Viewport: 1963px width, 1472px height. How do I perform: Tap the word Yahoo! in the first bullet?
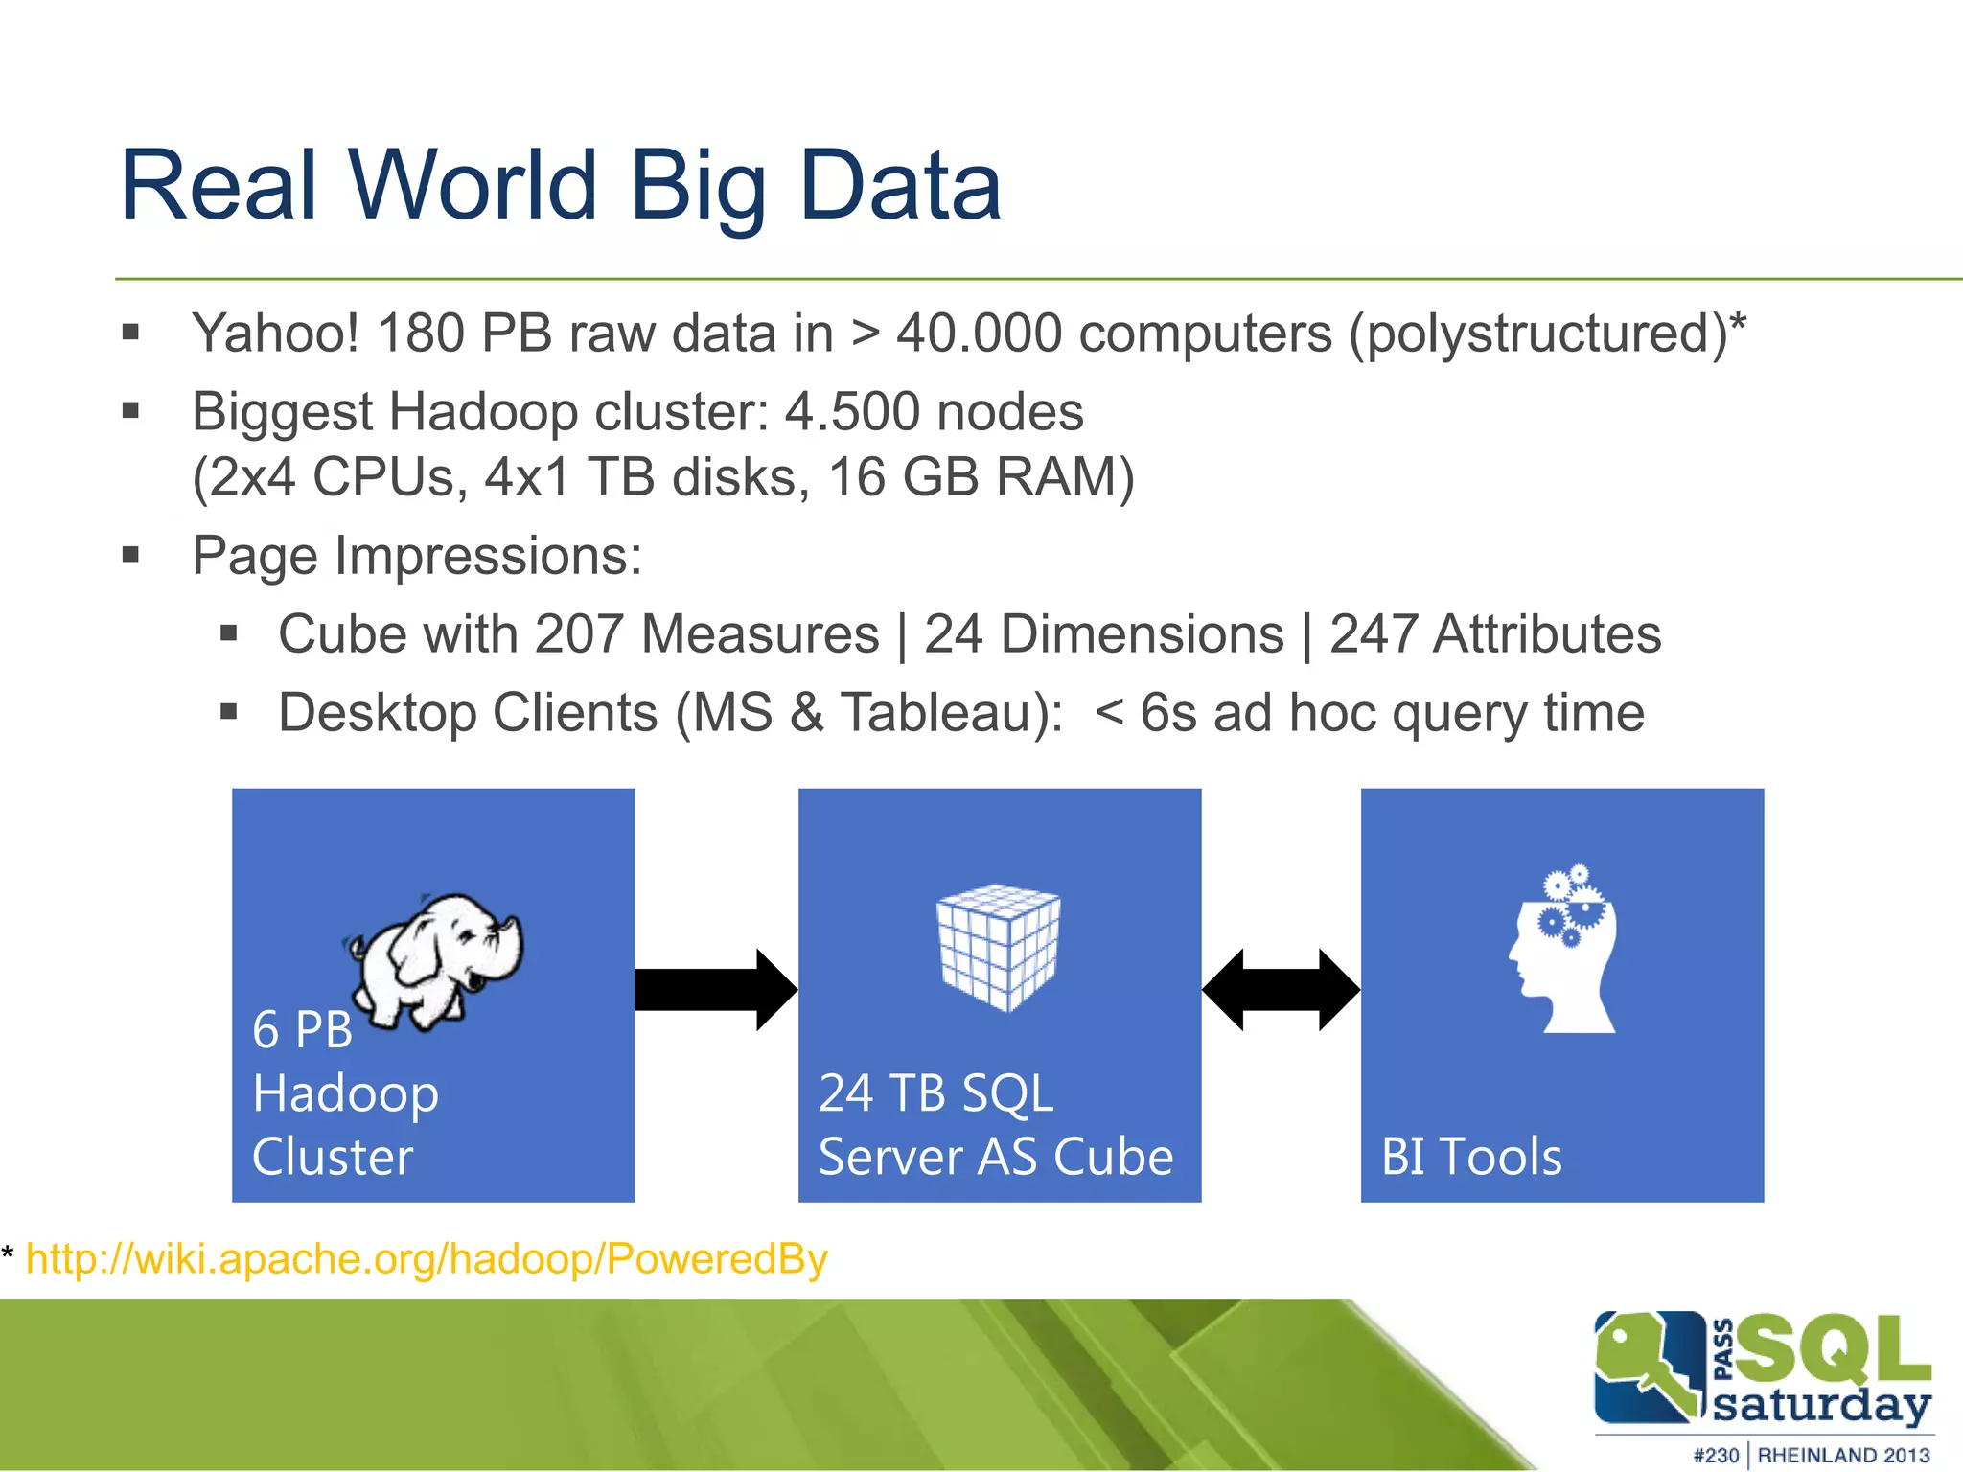click(x=275, y=333)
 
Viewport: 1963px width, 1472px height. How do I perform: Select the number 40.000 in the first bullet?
click(x=979, y=333)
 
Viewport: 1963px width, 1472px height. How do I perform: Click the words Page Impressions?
click(x=417, y=556)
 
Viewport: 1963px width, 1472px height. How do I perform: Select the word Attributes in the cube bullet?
click(x=1546, y=634)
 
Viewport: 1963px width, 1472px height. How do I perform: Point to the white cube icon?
click(x=998, y=947)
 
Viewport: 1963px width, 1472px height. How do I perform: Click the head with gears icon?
click(x=1562, y=951)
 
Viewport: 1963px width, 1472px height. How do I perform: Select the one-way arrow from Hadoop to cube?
click(x=715, y=990)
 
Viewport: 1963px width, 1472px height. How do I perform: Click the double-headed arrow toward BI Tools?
click(x=1281, y=990)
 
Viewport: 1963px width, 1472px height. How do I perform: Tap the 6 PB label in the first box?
click(x=302, y=1030)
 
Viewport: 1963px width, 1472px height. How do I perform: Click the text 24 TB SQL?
click(x=935, y=1093)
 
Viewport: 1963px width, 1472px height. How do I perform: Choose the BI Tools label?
click(x=1470, y=1157)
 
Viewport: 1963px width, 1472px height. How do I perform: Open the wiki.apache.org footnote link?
click(x=427, y=1259)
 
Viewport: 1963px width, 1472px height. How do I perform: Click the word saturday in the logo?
click(x=1820, y=1405)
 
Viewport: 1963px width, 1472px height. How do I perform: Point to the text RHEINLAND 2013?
click(x=1842, y=1455)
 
